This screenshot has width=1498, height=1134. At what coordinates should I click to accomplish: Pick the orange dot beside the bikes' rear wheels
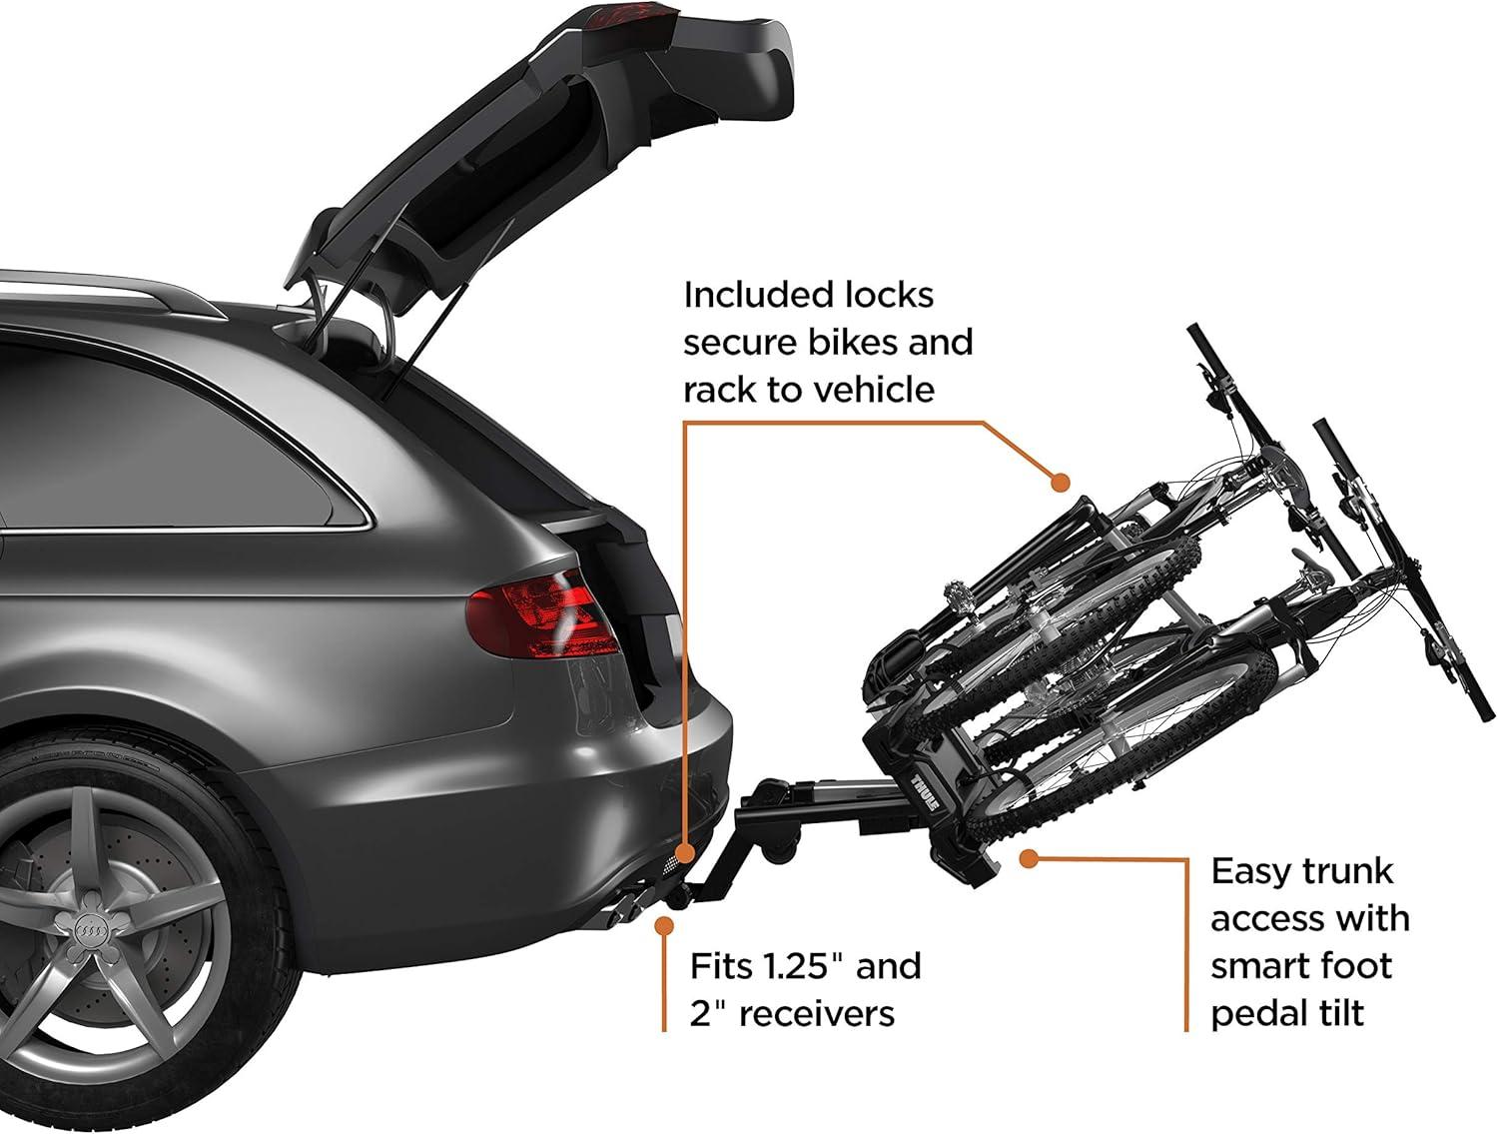click(x=1061, y=483)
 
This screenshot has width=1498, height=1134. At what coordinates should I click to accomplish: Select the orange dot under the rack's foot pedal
click(x=1030, y=857)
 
